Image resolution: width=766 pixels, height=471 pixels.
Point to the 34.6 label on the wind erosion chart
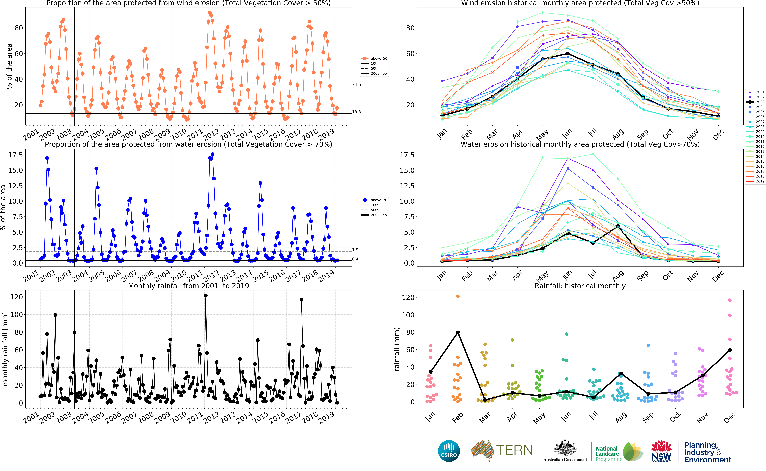coord(357,85)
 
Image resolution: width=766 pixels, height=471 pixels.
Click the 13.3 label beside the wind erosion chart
coord(357,112)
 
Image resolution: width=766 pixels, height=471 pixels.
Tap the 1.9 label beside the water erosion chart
coord(355,250)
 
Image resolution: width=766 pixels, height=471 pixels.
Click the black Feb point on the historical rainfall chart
coord(458,332)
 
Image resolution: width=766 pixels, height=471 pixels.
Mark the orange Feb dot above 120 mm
coord(458,296)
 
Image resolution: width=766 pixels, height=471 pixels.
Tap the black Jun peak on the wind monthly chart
coord(567,54)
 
